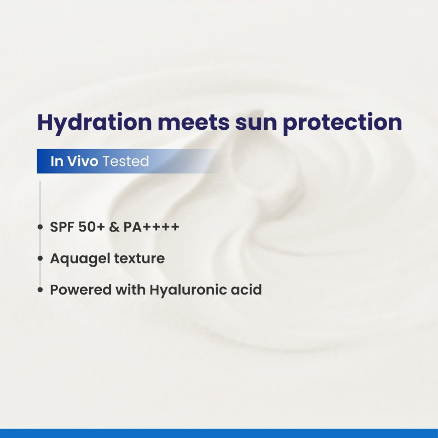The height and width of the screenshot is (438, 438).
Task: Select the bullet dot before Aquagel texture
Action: (x=41, y=259)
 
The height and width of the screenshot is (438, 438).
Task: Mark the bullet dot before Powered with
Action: (x=41, y=290)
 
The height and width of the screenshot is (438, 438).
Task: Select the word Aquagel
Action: (x=78, y=259)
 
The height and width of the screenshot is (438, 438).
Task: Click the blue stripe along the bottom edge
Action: (x=219, y=433)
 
